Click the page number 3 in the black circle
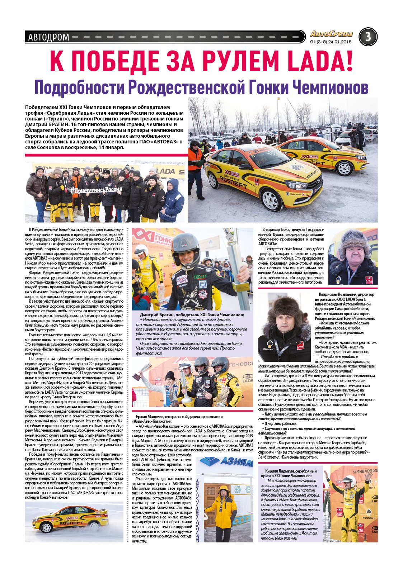coord(368,37)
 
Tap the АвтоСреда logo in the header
coord(331,34)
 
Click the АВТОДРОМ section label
coord(48,37)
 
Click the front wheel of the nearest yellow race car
coord(271,200)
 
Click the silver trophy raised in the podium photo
coord(140,369)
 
